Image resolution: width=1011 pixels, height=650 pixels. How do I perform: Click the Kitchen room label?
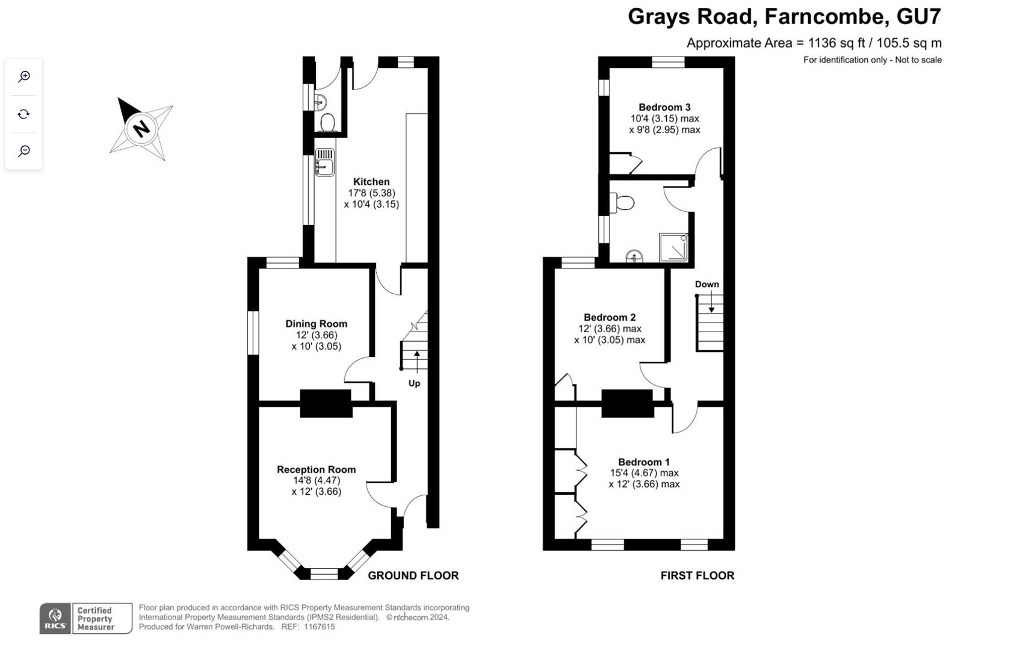coord(371,182)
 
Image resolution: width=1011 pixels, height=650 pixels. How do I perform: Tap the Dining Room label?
coord(317,324)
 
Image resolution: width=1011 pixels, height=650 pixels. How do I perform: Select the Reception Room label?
coord(317,469)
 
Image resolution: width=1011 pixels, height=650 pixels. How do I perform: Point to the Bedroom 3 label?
coord(664,107)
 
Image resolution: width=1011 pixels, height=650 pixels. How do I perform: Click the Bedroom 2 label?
coord(610,317)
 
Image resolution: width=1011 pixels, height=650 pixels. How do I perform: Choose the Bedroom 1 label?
coord(644,462)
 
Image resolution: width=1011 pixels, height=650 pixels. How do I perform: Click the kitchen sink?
coord(324,162)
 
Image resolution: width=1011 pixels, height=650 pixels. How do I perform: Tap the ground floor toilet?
coord(327,122)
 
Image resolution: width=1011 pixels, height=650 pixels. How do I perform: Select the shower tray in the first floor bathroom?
coord(673,247)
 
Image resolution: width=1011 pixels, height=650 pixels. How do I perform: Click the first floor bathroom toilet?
coord(622,203)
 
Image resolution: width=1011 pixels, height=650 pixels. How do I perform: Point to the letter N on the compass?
coord(141,129)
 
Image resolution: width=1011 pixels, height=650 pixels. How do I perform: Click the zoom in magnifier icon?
coord(24,77)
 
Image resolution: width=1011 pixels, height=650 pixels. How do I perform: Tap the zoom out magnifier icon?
coord(24,150)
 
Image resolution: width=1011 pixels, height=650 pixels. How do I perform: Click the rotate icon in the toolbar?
coord(24,114)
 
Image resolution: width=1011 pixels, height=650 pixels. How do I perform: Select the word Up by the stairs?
coord(414,384)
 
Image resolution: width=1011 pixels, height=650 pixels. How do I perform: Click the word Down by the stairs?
coord(706,284)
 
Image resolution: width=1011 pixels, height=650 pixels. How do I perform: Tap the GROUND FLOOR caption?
coord(413,575)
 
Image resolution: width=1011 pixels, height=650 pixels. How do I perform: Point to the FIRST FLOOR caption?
coord(697,575)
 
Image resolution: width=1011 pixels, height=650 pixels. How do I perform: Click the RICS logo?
coord(55,619)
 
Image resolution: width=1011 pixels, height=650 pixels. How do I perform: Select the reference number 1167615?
coord(320,627)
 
